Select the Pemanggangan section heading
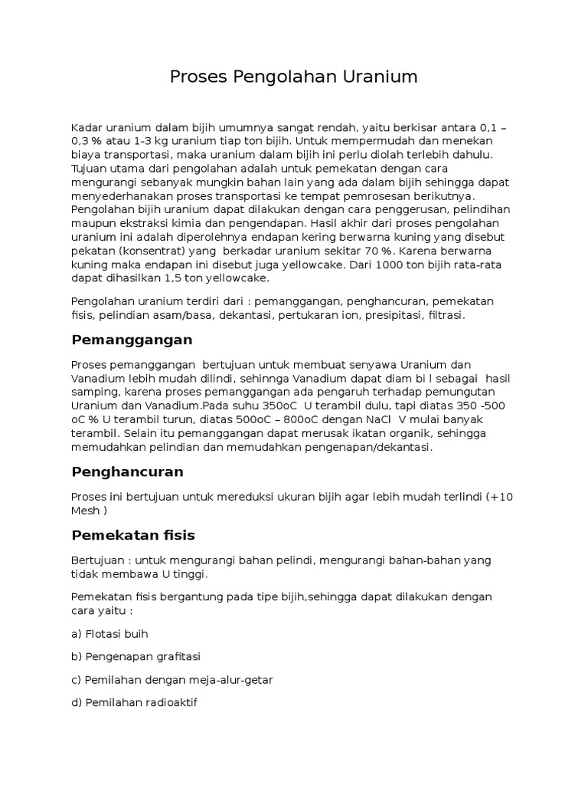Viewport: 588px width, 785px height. click(132, 340)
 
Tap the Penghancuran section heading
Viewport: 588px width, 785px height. click(127, 471)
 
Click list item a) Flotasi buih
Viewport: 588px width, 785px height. click(109, 634)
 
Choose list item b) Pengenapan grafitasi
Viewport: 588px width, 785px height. click(136, 656)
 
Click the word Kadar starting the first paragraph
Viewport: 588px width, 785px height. click(86, 126)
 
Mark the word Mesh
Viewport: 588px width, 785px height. click(86, 511)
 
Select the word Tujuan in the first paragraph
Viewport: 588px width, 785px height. click(90, 168)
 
